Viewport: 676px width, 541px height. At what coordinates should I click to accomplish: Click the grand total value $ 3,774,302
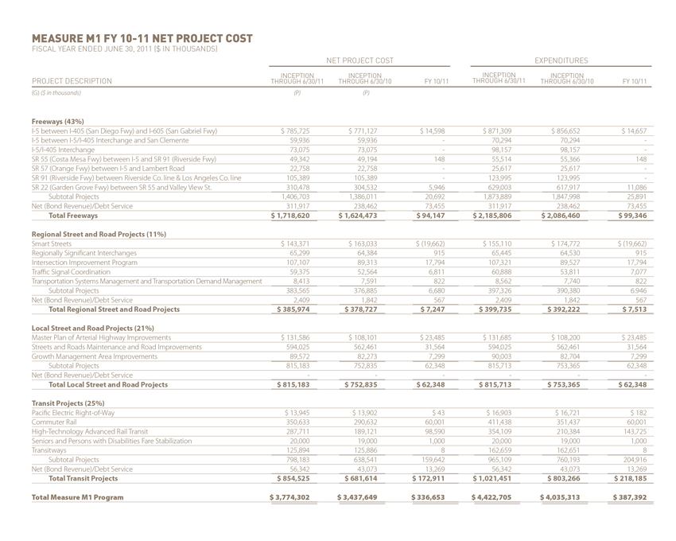pos(295,497)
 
